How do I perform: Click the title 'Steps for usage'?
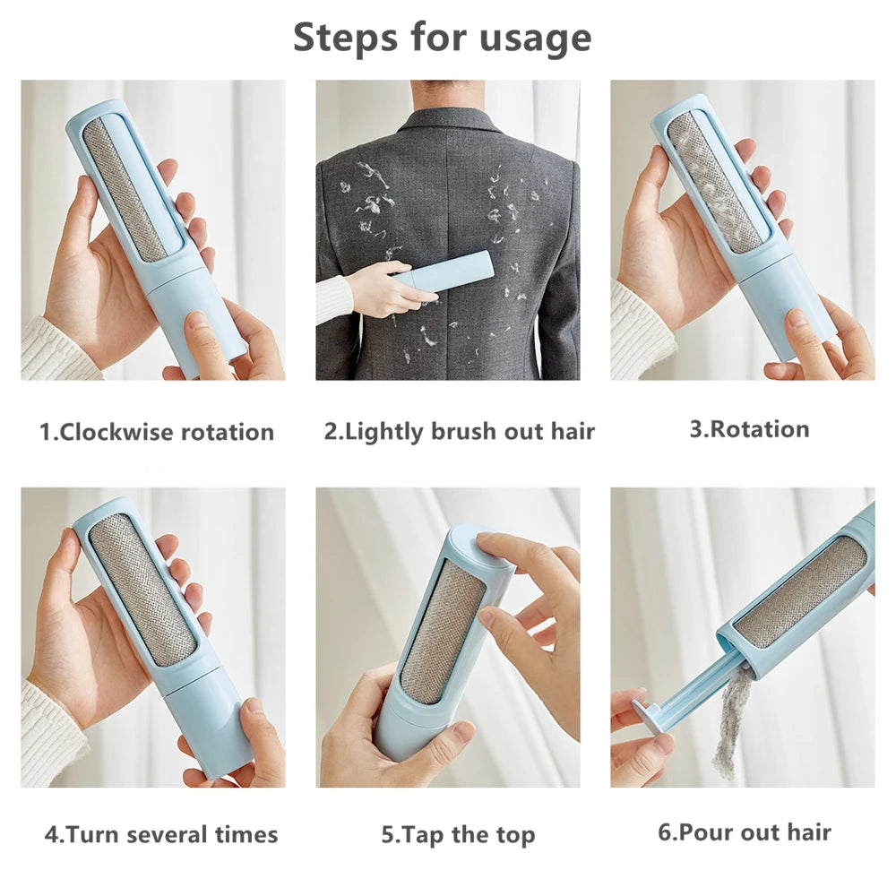[442, 38]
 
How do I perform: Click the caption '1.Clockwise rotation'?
[157, 432]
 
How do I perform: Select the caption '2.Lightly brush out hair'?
[459, 432]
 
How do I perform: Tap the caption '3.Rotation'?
[749, 429]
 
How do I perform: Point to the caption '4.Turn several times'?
[161, 835]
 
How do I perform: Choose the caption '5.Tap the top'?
[458, 835]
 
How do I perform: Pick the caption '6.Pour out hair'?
[745, 832]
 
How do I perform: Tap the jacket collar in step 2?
[445, 121]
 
